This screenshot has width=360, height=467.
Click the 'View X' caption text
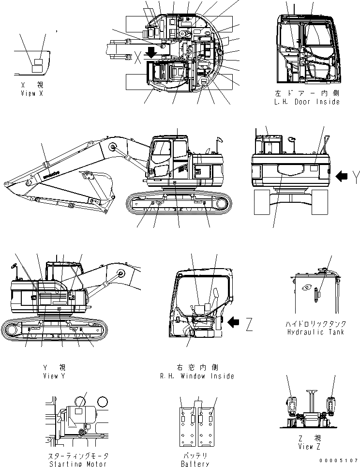[x=31, y=93]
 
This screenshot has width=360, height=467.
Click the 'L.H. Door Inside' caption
[x=306, y=102]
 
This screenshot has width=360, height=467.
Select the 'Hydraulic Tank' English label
[x=315, y=332]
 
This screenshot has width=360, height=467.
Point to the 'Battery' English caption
[x=196, y=464]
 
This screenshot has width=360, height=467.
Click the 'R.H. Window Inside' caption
[x=196, y=376]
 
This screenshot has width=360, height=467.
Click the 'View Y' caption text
[x=51, y=376]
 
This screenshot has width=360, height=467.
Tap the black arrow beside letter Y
[x=342, y=177]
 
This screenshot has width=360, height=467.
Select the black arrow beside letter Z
[x=234, y=321]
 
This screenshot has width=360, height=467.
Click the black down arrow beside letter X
[x=152, y=52]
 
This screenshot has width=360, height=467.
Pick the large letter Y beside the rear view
[x=356, y=178]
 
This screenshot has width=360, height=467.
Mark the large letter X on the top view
[x=138, y=58]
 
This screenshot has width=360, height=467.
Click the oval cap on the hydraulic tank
[x=306, y=288]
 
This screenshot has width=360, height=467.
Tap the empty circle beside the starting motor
[x=102, y=402]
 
